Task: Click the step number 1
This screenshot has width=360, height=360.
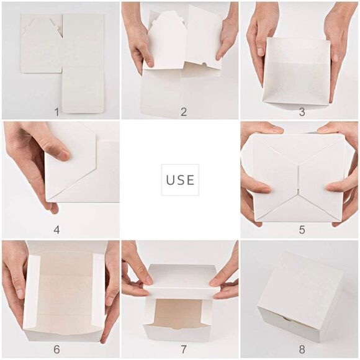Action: [56, 112]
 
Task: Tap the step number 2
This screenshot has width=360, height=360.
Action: [184, 112]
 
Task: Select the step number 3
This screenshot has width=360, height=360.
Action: [302, 112]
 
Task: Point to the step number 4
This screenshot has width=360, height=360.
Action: [56, 230]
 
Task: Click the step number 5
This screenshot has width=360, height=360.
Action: [302, 230]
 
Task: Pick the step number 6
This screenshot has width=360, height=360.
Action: [56, 349]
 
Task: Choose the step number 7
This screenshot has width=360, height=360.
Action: [184, 349]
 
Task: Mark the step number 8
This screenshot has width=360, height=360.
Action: [302, 349]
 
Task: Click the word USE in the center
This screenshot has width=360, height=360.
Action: [180, 180]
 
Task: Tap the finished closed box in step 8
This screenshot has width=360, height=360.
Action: [300, 295]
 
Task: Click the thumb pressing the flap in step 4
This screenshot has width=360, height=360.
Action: [50, 146]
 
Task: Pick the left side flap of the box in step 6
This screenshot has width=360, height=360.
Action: [32, 292]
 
